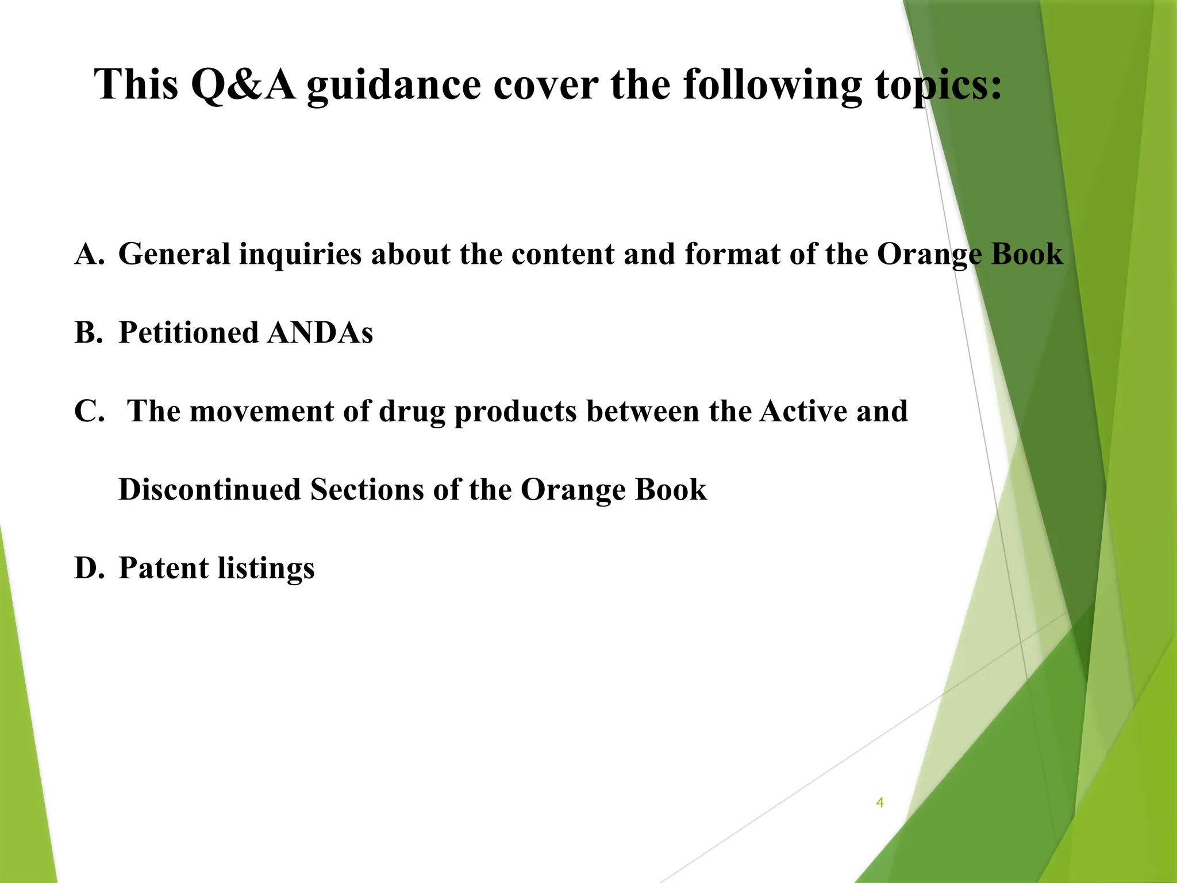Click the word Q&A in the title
(x=243, y=85)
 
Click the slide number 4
(x=879, y=803)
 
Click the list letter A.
(x=90, y=254)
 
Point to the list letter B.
(x=89, y=333)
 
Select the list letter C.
(x=90, y=412)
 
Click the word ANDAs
(x=320, y=333)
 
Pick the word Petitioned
(x=189, y=333)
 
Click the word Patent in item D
(x=163, y=569)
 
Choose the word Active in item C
(x=803, y=412)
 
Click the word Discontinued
(x=210, y=490)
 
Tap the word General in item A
(x=174, y=254)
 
